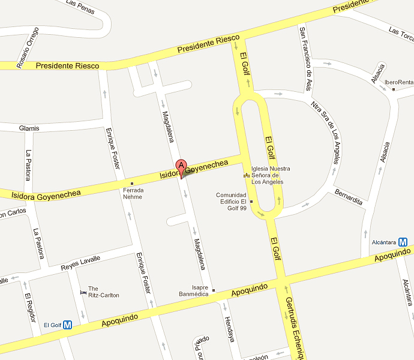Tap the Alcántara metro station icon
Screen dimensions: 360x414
403,242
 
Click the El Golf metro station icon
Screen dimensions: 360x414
68,325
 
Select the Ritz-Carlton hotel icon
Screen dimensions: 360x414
83,292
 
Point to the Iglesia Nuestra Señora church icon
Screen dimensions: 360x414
245,175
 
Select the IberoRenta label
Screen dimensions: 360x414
399,82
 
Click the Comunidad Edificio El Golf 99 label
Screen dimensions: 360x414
232,202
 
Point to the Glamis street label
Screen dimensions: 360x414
29,128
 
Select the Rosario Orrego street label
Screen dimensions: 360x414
28,47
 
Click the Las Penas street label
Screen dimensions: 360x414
80,6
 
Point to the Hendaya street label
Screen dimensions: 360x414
229,328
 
